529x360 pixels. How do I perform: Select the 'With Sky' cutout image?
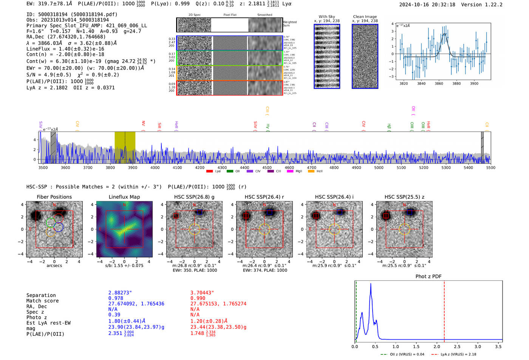(327, 56)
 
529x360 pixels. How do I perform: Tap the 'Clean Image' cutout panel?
(365, 56)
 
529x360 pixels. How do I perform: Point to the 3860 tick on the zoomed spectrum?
(439, 83)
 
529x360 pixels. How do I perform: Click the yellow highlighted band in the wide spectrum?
(125, 147)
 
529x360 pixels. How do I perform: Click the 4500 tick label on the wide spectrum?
(267, 168)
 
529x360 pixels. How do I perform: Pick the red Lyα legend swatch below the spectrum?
(209, 172)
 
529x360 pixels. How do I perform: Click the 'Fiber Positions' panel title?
(54, 197)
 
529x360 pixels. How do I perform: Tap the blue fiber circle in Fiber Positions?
(58, 227)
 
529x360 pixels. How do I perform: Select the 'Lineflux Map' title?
(124, 197)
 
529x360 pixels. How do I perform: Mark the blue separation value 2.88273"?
(120, 293)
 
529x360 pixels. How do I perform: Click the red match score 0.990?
(198, 298)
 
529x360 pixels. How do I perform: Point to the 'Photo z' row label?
(37, 317)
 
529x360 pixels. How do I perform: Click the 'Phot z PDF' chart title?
(428, 277)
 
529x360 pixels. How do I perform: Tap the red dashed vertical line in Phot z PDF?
(444, 310)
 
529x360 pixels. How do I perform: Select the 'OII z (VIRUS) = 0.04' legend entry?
(402, 354)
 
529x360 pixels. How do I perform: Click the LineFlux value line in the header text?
(65, 49)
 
